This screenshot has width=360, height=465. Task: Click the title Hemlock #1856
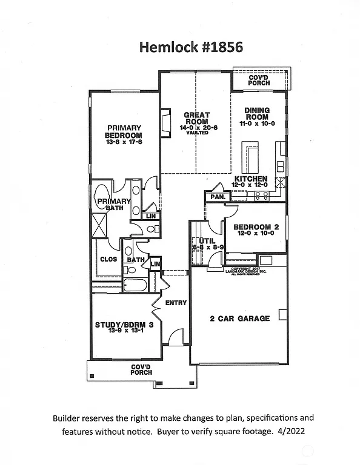[179, 47]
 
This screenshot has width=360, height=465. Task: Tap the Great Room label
[196, 118]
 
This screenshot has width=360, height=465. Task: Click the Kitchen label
[251, 179]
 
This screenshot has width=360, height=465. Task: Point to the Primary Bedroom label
[124, 131]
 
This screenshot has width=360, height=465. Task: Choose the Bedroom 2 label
[256, 227]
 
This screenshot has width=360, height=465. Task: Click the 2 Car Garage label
[240, 318]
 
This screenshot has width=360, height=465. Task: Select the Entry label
[176, 303]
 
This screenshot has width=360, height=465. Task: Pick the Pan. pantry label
[216, 197]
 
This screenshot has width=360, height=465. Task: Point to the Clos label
[108, 259]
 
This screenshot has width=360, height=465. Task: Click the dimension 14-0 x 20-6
[196, 127]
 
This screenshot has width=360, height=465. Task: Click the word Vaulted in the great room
[196, 133]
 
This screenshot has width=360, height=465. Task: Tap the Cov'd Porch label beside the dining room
[259, 79]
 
